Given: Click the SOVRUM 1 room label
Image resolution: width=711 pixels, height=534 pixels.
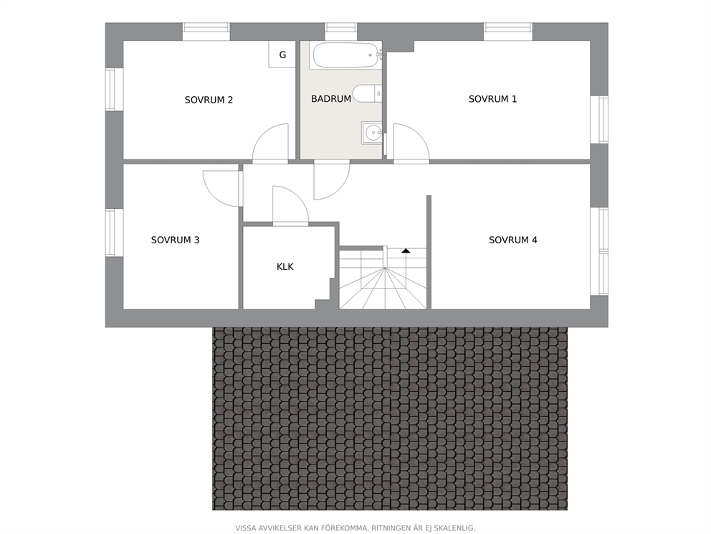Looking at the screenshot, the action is (492, 99).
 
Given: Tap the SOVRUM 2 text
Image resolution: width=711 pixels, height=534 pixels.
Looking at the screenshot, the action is (209, 100).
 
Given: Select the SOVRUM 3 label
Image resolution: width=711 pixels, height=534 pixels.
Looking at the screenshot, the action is (175, 240).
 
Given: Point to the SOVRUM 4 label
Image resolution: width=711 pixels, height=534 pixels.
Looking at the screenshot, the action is (513, 240).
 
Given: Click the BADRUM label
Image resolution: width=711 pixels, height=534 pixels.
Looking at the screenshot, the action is (331, 98).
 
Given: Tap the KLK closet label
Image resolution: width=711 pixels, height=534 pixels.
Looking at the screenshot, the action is (285, 266).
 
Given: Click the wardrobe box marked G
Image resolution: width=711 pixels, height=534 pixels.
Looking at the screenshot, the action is (282, 55).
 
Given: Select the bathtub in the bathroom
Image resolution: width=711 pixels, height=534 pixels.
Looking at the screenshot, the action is (346, 55).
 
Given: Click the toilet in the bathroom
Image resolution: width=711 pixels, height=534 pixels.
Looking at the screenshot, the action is (368, 93).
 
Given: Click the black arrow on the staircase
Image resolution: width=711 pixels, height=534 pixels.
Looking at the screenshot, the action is (406, 250).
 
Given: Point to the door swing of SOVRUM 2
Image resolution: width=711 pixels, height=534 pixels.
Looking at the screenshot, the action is (270, 141).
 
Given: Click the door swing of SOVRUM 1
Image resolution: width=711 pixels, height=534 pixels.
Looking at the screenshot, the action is (411, 141).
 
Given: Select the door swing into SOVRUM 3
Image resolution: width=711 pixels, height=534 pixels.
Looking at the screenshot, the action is (221, 189).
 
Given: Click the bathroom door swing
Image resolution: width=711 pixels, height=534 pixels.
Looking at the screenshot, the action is (332, 181).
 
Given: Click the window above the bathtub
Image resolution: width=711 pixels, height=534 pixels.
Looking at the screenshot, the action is (341, 32).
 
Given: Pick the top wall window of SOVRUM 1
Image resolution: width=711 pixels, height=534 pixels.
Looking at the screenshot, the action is (508, 32).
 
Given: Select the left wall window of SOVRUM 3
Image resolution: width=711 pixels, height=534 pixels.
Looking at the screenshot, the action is (114, 232).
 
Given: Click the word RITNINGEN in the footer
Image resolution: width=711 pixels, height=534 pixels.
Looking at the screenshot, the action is (392, 528).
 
